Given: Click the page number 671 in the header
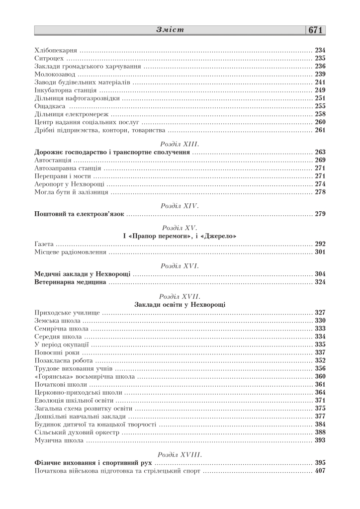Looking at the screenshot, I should point(316,30).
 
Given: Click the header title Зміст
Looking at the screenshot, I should point(170,30).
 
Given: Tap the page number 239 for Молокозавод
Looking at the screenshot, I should point(320,74).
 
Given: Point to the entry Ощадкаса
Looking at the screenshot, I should point(50,106).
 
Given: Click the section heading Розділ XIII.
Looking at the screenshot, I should point(180,144).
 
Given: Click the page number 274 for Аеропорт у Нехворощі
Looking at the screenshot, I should point(320,184).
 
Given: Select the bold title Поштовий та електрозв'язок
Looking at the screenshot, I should point(79,214).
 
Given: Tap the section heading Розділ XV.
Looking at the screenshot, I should point(180,228).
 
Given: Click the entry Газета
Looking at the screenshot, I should point(44,244).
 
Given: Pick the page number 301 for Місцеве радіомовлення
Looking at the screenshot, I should point(320,252).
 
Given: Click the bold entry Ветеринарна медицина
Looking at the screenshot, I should point(71,282).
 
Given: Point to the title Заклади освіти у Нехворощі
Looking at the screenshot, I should point(180,304).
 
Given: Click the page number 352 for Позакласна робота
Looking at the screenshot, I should point(320,360).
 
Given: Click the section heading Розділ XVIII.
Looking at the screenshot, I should point(180,454).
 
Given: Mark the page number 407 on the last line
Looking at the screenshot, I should point(320,471).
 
